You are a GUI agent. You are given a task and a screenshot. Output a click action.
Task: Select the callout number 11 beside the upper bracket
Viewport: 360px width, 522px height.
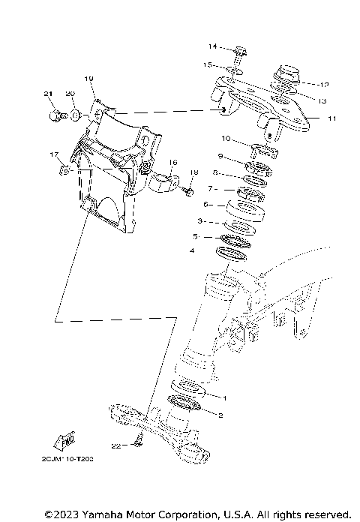click(332, 118)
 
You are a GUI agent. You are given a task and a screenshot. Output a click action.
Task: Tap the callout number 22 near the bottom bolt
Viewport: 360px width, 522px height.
click(115, 445)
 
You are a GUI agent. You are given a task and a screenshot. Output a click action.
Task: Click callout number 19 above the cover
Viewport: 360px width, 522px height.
click(88, 79)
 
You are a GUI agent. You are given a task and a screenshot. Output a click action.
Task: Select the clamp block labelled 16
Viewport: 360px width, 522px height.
click(166, 182)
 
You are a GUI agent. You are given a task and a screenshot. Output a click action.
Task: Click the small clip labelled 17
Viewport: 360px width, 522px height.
click(64, 170)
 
